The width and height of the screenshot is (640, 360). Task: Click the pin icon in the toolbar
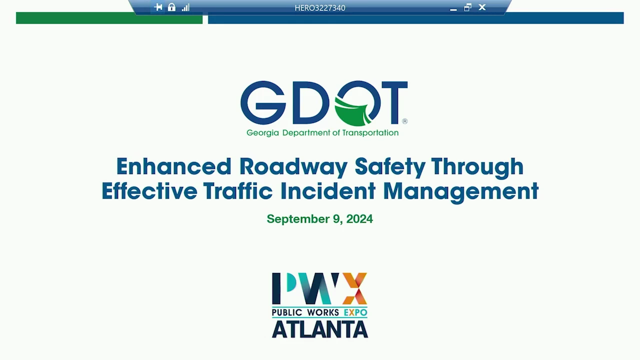[x=158, y=7]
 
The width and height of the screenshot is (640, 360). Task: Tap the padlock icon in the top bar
[x=171, y=7]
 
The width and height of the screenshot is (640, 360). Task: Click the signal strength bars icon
[x=185, y=7]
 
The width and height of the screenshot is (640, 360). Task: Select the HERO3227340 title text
[x=319, y=7]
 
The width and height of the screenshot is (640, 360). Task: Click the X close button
[x=482, y=7]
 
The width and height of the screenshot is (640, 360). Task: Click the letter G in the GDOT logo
[x=263, y=102]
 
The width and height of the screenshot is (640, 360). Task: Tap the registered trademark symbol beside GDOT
[x=405, y=121]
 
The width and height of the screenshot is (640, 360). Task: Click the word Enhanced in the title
[x=173, y=166]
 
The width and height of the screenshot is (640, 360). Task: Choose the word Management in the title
[x=460, y=192]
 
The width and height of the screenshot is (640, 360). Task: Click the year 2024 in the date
[x=359, y=219]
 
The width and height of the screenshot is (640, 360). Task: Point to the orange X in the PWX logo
[x=354, y=288]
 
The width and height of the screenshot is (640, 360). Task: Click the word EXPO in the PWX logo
[x=355, y=312]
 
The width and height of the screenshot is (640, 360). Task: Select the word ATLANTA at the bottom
[x=319, y=329]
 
